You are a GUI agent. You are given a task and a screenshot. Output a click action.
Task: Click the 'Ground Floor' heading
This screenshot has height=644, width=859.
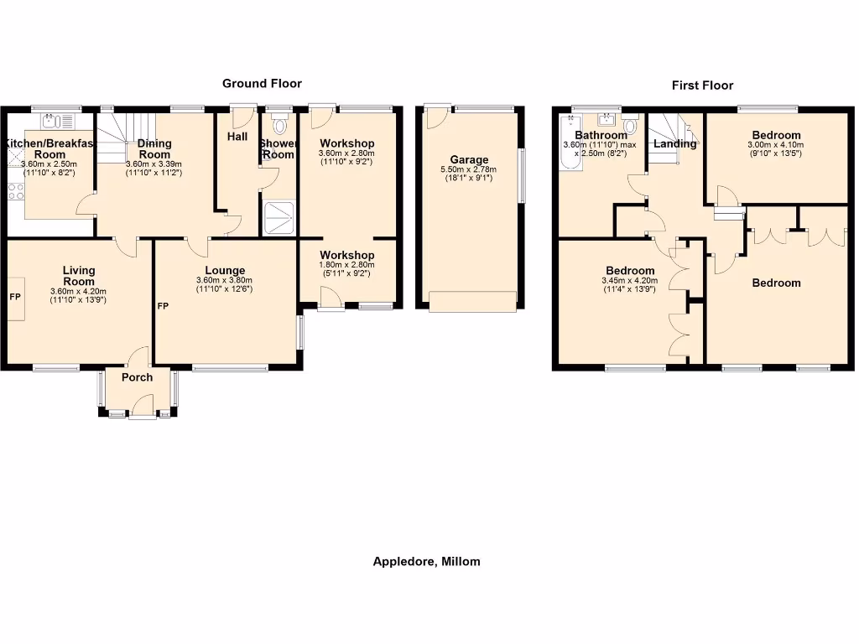click(262, 83)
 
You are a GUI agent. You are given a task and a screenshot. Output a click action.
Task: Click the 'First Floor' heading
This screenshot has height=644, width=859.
click(702, 85)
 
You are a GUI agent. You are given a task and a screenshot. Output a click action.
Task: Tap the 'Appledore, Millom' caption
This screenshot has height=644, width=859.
click(426, 562)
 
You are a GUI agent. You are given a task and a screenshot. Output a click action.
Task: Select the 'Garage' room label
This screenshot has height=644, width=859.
click(468, 160)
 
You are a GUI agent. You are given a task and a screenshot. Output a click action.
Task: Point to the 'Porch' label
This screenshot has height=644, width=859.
click(138, 377)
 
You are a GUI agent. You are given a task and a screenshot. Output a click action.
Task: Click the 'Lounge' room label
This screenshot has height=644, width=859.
click(226, 270)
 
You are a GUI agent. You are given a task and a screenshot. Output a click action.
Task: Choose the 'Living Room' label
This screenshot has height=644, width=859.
click(79, 276)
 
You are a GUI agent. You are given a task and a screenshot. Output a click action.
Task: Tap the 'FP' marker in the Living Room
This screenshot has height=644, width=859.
click(14, 297)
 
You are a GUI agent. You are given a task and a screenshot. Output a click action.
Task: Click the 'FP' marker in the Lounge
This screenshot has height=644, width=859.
click(163, 306)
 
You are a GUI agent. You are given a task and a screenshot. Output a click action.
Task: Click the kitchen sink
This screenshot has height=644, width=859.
click(51, 120)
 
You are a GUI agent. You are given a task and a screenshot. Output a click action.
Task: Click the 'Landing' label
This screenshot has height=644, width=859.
click(674, 143)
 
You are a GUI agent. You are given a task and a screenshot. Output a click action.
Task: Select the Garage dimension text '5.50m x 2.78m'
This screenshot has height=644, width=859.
click(468, 169)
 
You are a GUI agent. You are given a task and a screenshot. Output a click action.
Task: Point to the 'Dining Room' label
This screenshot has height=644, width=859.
click(154, 148)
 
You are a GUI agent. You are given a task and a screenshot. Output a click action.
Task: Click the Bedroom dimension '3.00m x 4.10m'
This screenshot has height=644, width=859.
click(776, 144)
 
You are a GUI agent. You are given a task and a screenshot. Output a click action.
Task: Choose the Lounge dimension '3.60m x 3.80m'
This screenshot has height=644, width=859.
click(226, 280)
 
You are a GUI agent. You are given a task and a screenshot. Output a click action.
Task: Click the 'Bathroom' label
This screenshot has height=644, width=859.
click(601, 135)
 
